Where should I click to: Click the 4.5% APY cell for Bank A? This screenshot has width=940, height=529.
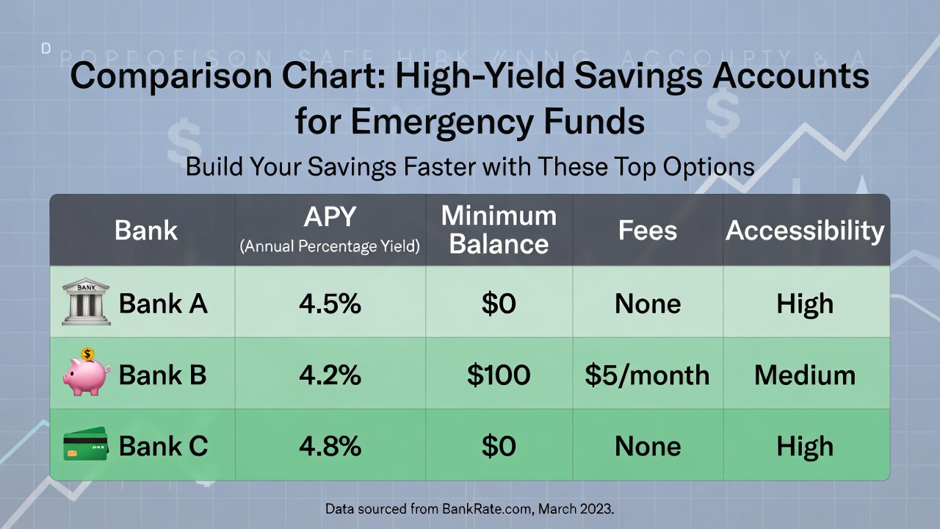tap(330, 303)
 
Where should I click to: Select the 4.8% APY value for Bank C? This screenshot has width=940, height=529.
tap(330, 446)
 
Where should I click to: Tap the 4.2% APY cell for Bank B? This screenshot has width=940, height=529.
tap(330, 375)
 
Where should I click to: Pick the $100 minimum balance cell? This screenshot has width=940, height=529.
tap(499, 375)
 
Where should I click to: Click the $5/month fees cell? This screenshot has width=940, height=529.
tap(647, 375)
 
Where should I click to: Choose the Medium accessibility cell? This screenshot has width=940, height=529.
tap(805, 375)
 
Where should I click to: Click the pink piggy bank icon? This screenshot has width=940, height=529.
tap(86, 373)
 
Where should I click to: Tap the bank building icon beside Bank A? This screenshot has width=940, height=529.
tap(86, 301)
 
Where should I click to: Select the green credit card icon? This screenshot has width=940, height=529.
tap(85, 445)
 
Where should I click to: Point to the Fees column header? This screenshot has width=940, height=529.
tap(647, 230)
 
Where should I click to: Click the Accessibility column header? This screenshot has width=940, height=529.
tap(805, 230)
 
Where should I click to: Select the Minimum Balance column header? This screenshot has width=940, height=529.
tap(499, 230)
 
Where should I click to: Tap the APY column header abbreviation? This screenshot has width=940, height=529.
tap(330, 217)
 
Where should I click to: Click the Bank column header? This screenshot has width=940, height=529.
tap(146, 230)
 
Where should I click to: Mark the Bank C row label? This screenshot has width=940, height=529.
tap(163, 446)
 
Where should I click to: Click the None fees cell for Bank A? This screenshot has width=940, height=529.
tap(647, 303)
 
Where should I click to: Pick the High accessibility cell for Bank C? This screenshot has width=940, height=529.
tap(805, 446)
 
